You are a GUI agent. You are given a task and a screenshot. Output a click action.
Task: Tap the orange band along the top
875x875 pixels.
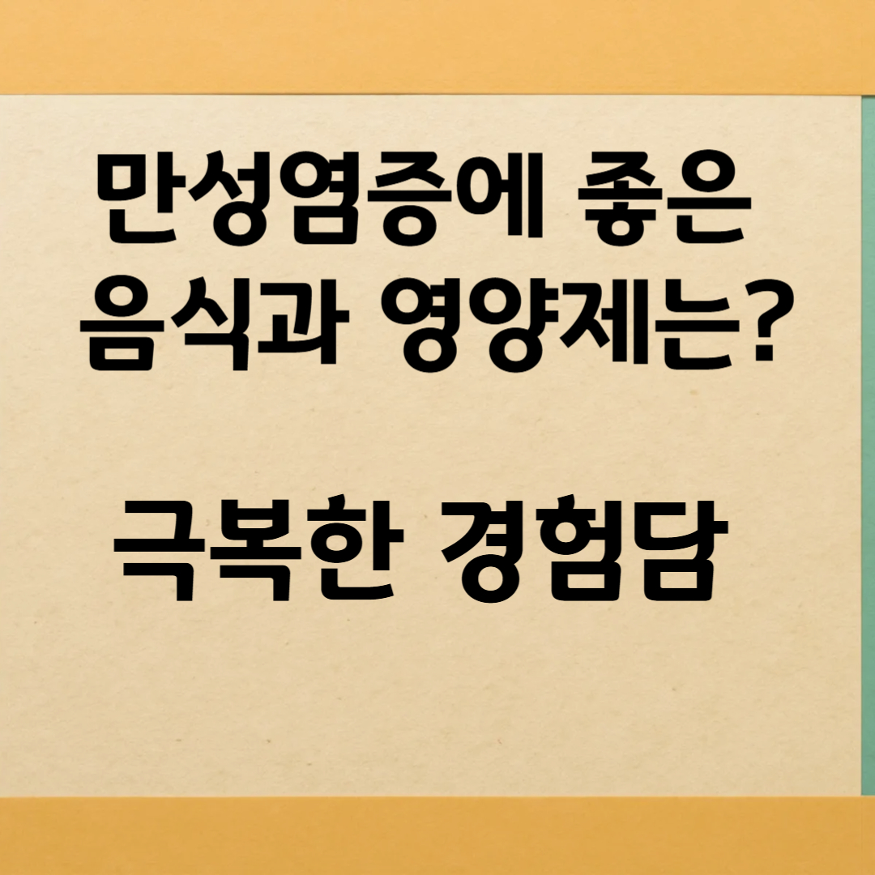[437, 45]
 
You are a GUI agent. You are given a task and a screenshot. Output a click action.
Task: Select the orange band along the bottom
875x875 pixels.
[437, 834]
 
